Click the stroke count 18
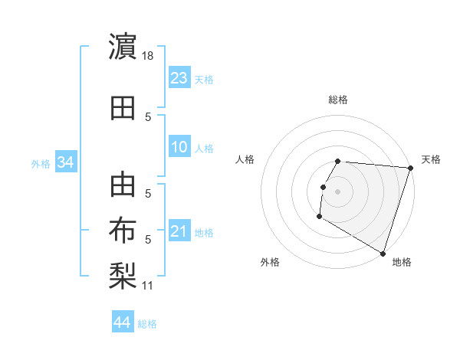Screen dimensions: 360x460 pos(149,56)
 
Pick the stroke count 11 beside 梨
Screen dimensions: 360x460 pos(147,286)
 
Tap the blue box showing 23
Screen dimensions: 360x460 pos(179,79)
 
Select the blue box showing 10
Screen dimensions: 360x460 pos(179,148)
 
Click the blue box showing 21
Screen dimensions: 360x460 pos(179,232)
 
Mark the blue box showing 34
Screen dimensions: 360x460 pos(66,162)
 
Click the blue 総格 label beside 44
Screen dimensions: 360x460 pos(147,324)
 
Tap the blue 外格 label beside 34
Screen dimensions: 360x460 pos(41,163)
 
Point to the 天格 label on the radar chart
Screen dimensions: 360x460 pos(431,159)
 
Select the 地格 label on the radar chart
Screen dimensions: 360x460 pos(402,262)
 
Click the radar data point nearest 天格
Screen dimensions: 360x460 pos(410,168)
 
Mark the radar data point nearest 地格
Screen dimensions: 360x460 pos(382,253)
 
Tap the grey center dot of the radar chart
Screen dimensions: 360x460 pos(337,191)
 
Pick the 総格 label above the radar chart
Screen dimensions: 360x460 pos(338,100)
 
